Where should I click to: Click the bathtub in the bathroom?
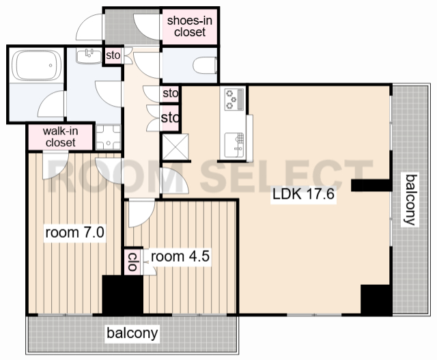(36, 66)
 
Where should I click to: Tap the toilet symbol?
(205, 66)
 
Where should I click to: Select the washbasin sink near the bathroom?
(89, 56)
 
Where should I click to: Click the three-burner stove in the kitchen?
(234, 99)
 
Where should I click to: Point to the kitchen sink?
(234, 145)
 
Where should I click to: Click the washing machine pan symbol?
(109, 137)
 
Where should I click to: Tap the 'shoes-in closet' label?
(190, 26)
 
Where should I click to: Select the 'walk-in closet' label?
(60, 137)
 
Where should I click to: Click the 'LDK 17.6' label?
(303, 194)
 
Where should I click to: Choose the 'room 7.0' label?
(74, 232)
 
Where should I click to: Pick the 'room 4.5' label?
(180, 256)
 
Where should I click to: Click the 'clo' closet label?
(132, 262)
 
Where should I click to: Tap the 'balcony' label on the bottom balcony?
(132, 333)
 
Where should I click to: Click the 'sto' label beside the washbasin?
(113, 55)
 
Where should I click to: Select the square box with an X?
(175, 147)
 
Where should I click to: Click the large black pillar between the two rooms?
(123, 295)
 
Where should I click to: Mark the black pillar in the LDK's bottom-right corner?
(375, 300)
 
